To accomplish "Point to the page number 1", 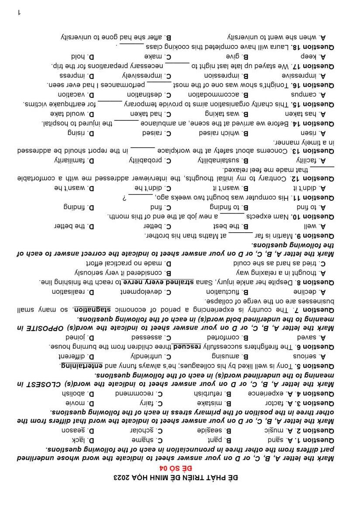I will [x=19, y=12].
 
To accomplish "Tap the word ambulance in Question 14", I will [x=162, y=123].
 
